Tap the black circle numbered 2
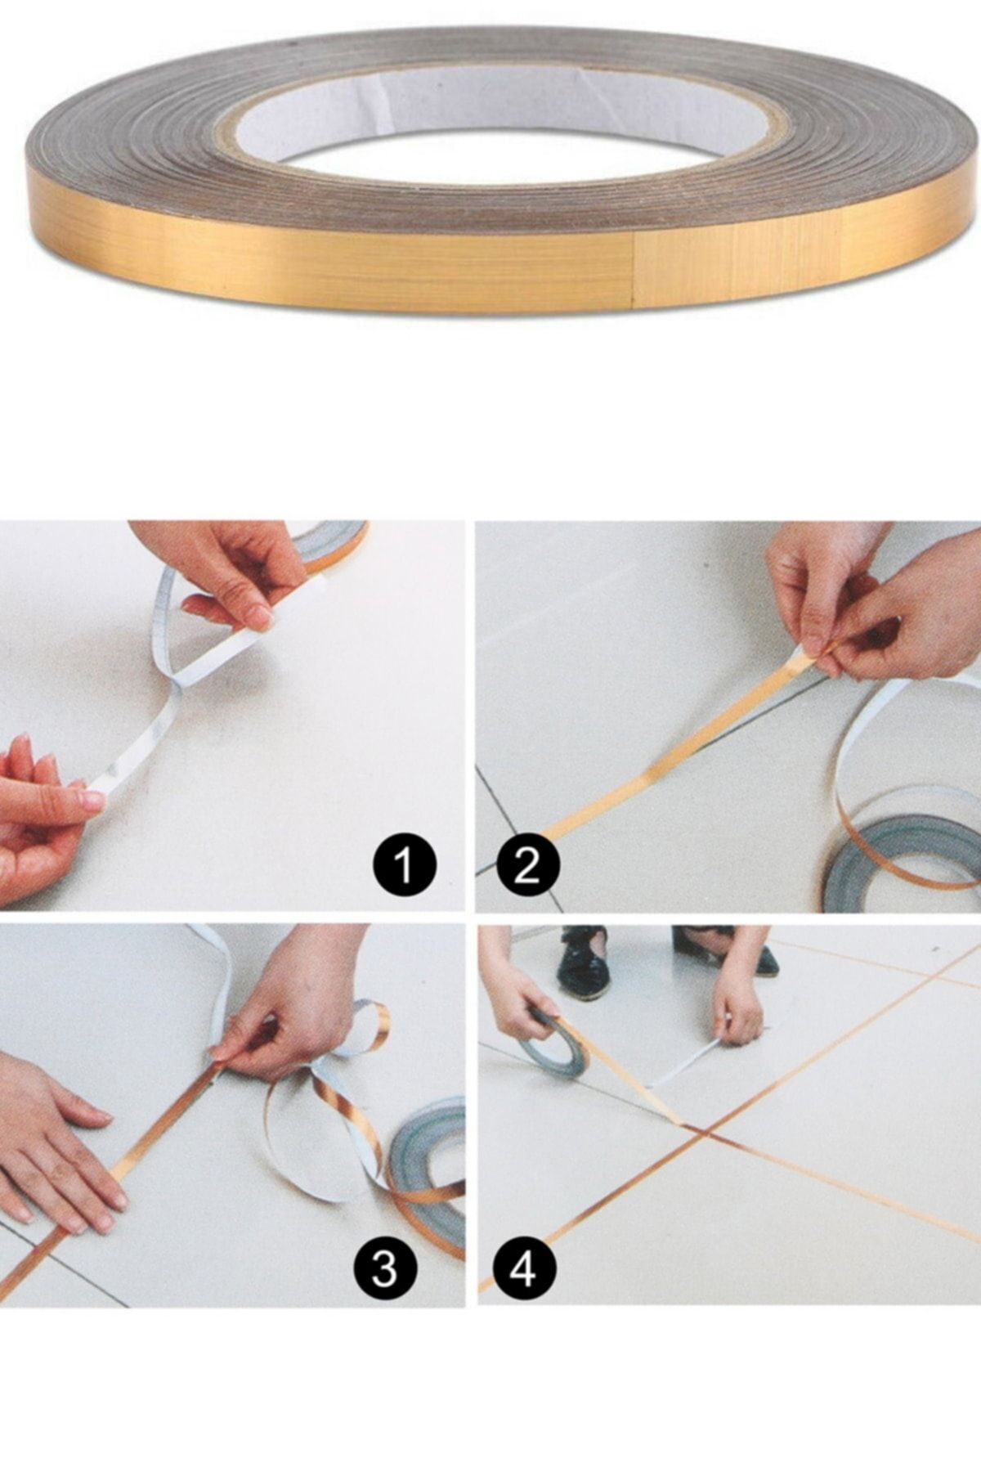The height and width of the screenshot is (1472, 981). click(x=528, y=865)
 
